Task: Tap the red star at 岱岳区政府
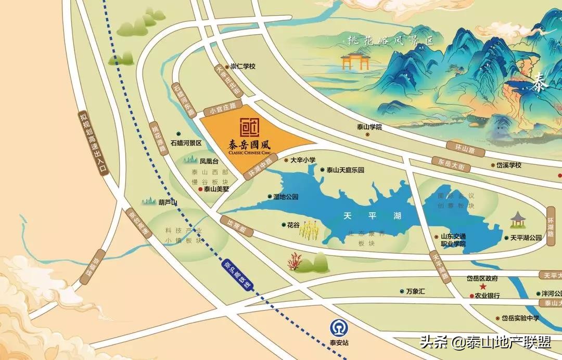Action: [x=482, y=287]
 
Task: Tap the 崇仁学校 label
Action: [x=243, y=67]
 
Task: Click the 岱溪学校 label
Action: [x=508, y=165]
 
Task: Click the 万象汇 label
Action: [x=415, y=291]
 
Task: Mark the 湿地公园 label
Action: [x=286, y=197]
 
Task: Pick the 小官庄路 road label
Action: [x=220, y=109]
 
